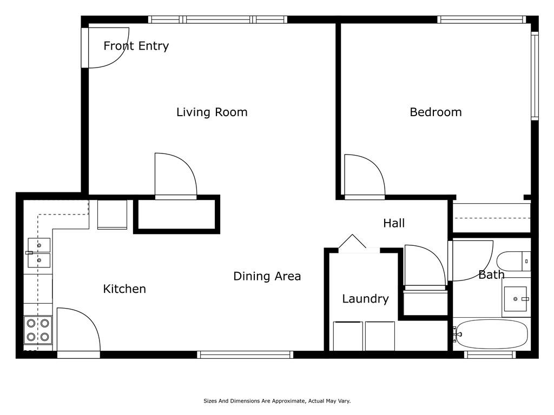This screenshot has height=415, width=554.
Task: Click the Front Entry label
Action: point(136,46)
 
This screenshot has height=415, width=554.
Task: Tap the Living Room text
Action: point(212,112)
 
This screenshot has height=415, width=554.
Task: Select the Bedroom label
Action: point(436,112)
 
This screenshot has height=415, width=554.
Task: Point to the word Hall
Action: point(394,223)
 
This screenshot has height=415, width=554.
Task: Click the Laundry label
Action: point(365,299)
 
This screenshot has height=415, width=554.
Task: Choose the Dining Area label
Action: point(267,276)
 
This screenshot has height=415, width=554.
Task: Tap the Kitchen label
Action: point(124,289)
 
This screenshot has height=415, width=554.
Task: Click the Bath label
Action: point(491,275)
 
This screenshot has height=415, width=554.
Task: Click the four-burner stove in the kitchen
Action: point(38,330)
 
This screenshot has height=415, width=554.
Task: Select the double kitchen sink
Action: point(39,253)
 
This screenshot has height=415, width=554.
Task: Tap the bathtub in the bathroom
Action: point(491,334)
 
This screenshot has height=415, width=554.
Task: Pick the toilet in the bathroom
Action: point(513,261)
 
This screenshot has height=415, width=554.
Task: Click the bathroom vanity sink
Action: point(516,299)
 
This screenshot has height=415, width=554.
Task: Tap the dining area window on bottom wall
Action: point(245,354)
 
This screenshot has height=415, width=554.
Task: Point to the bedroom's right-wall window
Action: point(535,76)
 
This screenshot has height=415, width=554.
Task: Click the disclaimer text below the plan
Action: point(277,401)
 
